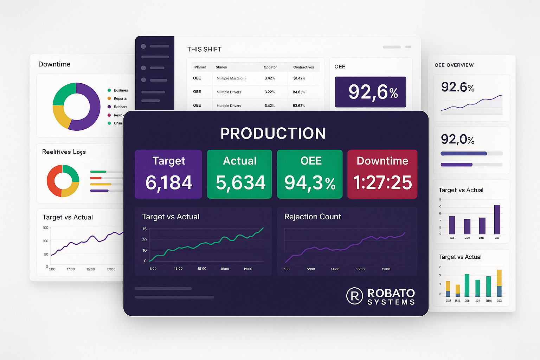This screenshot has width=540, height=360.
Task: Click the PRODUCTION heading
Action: click(273, 133)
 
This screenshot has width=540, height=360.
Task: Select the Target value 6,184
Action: click(169, 182)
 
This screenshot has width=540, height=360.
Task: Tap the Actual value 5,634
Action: click(240, 182)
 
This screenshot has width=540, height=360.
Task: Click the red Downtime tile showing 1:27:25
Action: click(382, 174)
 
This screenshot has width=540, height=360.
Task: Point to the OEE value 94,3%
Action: click(310, 183)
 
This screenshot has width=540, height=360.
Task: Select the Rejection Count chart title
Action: click(313, 217)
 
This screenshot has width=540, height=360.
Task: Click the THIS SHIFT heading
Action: click(204, 49)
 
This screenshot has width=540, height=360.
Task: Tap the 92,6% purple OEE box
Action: click(371, 92)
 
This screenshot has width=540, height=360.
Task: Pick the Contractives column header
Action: click(303, 67)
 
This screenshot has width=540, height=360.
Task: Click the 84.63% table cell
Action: click(299, 92)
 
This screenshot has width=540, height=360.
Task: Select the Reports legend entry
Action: click(120, 98)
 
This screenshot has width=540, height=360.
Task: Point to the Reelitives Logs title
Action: click(64, 152)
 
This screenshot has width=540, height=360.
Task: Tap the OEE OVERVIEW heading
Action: click(454, 65)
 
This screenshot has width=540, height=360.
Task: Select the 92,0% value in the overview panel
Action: click(457, 140)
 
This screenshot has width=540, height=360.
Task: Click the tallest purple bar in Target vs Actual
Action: click(497, 219)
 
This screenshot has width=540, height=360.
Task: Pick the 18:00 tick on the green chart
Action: click(225, 269)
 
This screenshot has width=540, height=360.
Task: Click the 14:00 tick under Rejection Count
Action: click(335, 269)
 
